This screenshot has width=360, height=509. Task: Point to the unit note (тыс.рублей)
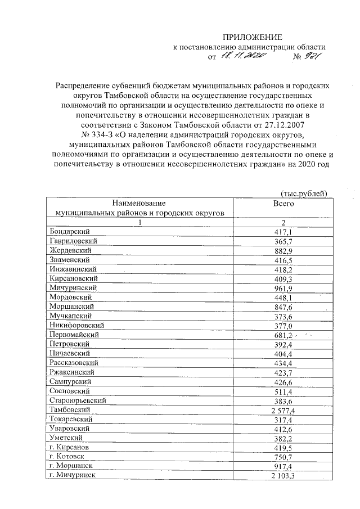pos(304,193)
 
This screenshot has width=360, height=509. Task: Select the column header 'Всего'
pos(283,202)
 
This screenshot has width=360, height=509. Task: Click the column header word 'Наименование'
pos(138,202)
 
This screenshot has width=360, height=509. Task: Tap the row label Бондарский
pos(69,231)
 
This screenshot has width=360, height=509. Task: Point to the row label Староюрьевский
pos(78,400)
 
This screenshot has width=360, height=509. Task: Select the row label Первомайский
pos(75,334)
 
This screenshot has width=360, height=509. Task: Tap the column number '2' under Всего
pos(283,222)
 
